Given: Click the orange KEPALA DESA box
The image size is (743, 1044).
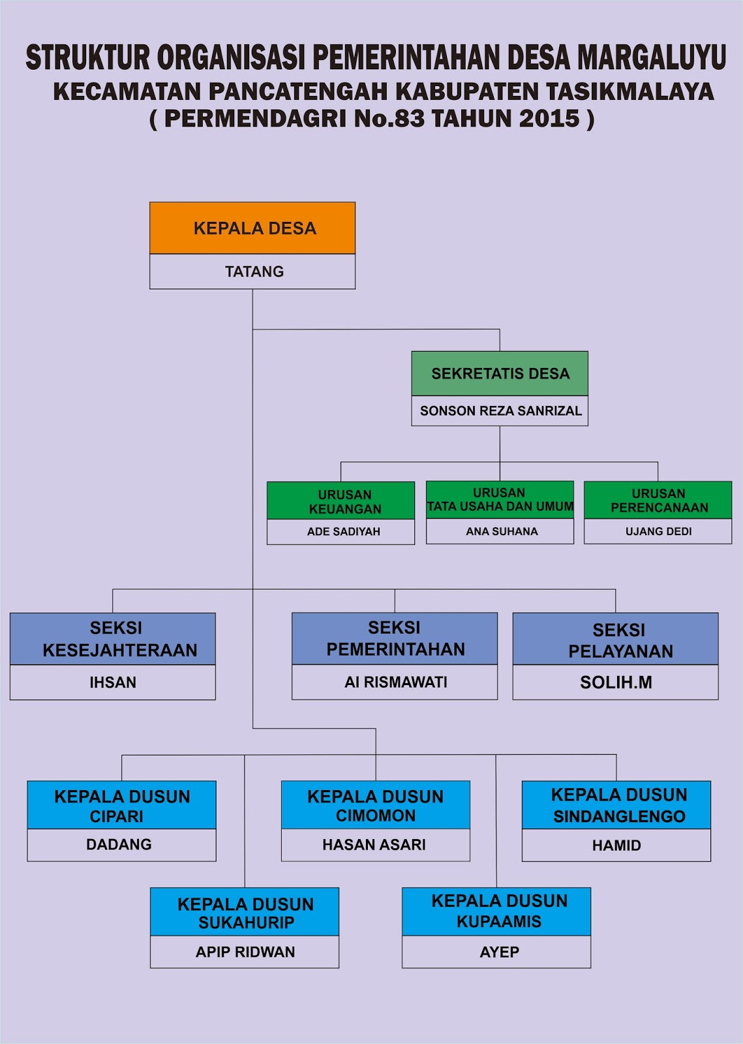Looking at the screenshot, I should pos(252,228).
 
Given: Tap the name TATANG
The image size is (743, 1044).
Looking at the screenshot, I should pos(254,271).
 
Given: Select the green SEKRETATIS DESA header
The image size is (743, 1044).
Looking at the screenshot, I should pos(500,374).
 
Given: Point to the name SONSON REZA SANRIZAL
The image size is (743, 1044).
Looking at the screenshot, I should pos(500,411).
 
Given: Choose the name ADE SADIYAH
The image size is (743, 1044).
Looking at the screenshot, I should pos(343,532).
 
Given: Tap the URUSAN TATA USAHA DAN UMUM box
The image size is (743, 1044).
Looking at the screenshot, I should pos(500,500).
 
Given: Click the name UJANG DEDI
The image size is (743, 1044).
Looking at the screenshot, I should pos(658,532).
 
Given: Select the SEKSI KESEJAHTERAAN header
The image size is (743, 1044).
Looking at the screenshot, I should pos(113,639).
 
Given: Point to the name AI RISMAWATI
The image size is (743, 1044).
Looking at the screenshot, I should pos(395,683).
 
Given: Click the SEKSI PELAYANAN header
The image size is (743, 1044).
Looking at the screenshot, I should pos(616,639).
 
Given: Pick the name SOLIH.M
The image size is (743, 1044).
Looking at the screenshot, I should pos(616,683).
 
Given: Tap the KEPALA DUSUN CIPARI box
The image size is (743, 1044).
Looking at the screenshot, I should pos(122,806).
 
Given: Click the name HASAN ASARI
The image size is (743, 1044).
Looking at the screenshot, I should pos(374,845).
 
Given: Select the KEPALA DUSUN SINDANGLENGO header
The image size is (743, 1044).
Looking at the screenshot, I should pos(616,805).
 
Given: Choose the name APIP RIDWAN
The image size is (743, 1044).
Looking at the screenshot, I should pos(245,953).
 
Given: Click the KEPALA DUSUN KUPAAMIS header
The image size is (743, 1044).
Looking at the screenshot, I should pos(497,912).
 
